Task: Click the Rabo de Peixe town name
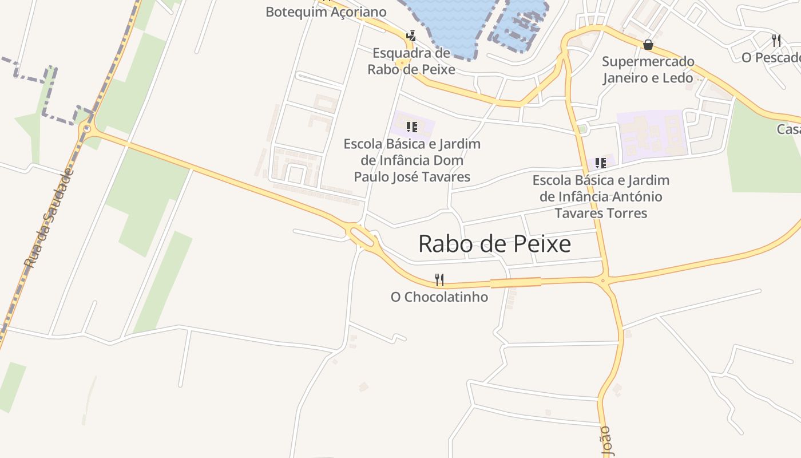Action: pyautogui.click(x=494, y=244)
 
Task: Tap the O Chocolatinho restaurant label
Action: pyautogui.click(x=439, y=297)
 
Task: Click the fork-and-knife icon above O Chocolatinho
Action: pyautogui.click(x=439, y=280)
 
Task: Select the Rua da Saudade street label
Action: pyautogui.click(x=49, y=219)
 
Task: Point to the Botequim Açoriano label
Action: pyautogui.click(x=326, y=12)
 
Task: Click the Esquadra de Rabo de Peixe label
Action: pyautogui.click(x=411, y=61)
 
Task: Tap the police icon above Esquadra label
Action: pyautogui.click(x=410, y=35)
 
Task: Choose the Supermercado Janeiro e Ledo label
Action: pyautogui.click(x=648, y=69)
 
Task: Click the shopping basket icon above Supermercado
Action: pyautogui.click(x=648, y=44)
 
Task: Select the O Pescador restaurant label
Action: pyautogui.click(x=771, y=58)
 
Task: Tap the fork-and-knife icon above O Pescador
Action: pyautogui.click(x=776, y=40)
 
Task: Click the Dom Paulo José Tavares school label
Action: pyautogui.click(x=412, y=160)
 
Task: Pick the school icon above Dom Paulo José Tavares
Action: pyautogui.click(x=411, y=127)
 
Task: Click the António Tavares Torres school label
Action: pyautogui.click(x=601, y=196)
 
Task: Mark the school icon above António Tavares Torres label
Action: pyautogui.click(x=600, y=163)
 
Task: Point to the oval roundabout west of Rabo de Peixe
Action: pyautogui.click(x=362, y=235)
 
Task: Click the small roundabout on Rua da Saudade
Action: pyautogui.click(x=86, y=129)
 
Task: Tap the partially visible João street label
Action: pyautogui.click(x=606, y=443)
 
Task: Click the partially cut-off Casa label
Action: pyautogui.click(x=788, y=129)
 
